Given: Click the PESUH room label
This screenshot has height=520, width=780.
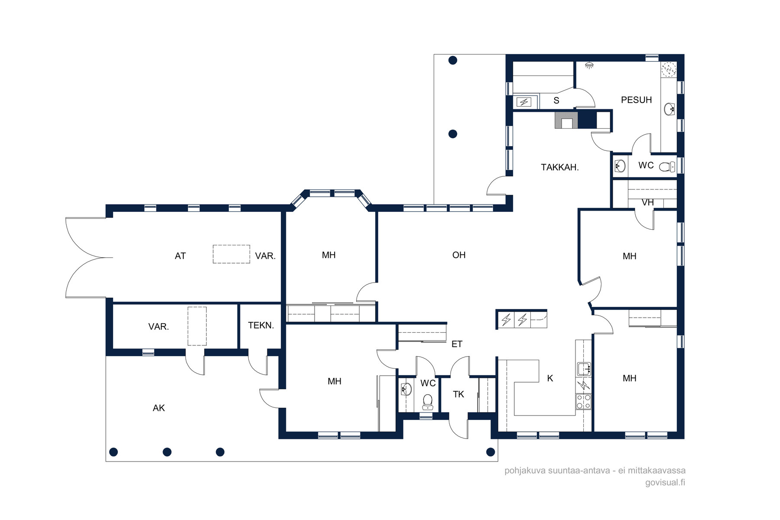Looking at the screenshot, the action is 636,100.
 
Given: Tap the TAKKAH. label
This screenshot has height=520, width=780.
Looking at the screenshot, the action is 560,167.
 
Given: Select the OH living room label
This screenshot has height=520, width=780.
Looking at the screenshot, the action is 459,255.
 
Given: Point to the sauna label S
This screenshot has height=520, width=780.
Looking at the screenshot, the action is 556,101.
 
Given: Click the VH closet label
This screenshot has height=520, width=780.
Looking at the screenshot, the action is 647,202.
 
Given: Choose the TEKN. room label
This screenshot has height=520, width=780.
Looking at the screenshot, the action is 261,325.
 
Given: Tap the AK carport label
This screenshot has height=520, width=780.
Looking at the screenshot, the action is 159,408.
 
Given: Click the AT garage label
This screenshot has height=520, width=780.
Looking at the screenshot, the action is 180,256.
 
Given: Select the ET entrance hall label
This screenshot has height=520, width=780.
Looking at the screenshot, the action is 457,344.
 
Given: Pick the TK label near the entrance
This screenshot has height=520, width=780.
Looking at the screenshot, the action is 458,394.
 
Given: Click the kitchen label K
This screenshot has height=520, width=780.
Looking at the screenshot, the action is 550,378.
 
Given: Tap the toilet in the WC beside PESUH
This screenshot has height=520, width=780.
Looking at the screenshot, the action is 667,166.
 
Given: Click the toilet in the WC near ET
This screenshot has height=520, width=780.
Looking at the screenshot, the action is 428,402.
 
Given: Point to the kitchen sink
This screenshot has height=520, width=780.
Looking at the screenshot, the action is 584,369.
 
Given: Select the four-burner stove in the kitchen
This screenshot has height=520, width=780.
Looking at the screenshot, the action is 583,401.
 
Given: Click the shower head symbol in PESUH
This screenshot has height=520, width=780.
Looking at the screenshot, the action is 589,65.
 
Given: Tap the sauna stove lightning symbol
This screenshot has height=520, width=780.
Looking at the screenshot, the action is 524,102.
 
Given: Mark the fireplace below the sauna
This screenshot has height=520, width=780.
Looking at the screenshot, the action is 566,120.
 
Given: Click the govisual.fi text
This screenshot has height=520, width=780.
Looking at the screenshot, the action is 665,482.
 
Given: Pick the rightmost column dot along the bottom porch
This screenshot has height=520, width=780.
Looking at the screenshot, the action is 491,452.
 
